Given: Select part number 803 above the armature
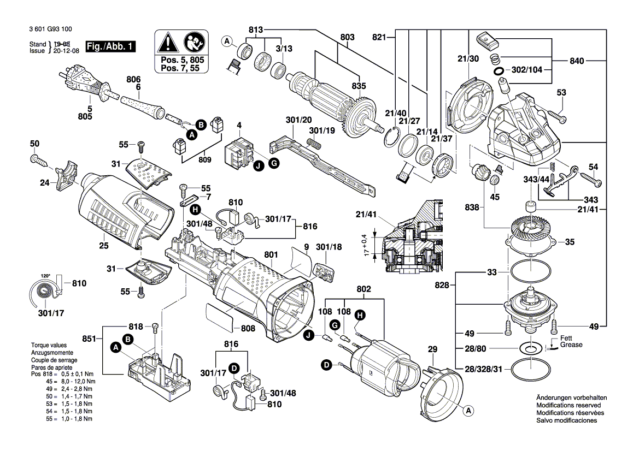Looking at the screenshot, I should pyautogui.click(x=347, y=37).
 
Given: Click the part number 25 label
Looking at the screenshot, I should pyautogui.click(x=103, y=246).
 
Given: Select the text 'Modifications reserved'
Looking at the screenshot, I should pyautogui.click(x=568, y=406).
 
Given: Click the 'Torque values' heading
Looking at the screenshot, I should pyautogui.click(x=49, y=346).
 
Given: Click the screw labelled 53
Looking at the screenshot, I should pyautogui.click(x=555, y=116).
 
